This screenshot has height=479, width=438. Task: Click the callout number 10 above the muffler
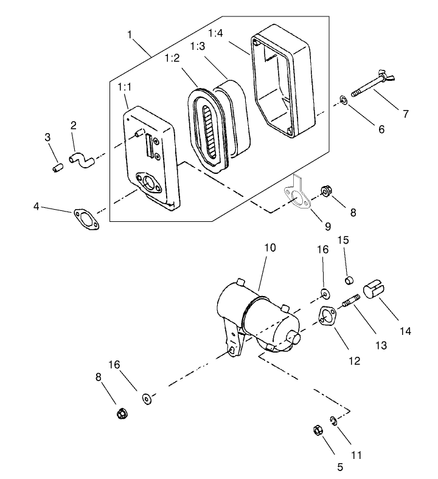tap(269, 248)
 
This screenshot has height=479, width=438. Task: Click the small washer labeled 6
tap(344, 98)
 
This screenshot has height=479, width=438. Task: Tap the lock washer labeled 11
tap(333, 420)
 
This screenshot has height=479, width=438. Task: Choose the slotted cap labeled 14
tap(374, 289)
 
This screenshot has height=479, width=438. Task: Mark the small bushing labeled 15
tap(350, 280)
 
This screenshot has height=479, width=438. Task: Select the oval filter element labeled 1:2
tap(210, 128)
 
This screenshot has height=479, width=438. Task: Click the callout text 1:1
tap(125, 88)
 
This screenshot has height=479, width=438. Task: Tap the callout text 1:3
tap(197, 46)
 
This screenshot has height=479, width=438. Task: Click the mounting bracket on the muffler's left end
tap(232, 340)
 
